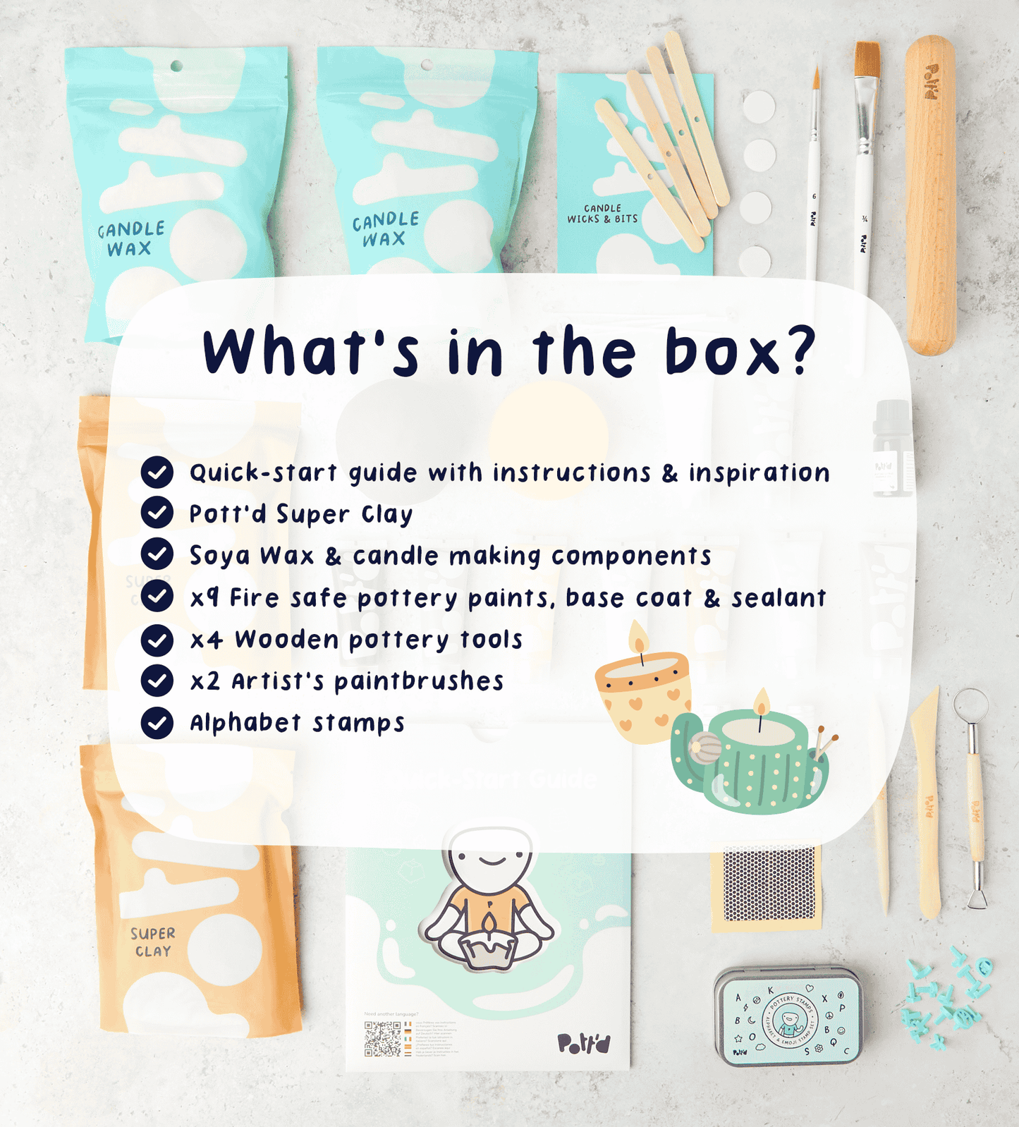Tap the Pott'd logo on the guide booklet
(583, 1043)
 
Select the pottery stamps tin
(788, 1015)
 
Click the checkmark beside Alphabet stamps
(157, 723)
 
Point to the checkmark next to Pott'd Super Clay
(157, 513)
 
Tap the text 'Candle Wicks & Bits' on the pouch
(603, 214)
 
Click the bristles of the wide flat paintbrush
(867, 60)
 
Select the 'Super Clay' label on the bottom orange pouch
(152, 942)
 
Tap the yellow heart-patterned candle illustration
(642, 695)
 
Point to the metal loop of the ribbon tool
(971, 703)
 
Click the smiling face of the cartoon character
(492, 858)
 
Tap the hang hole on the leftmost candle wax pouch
(176, 66)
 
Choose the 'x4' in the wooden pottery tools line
(207, 640)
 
